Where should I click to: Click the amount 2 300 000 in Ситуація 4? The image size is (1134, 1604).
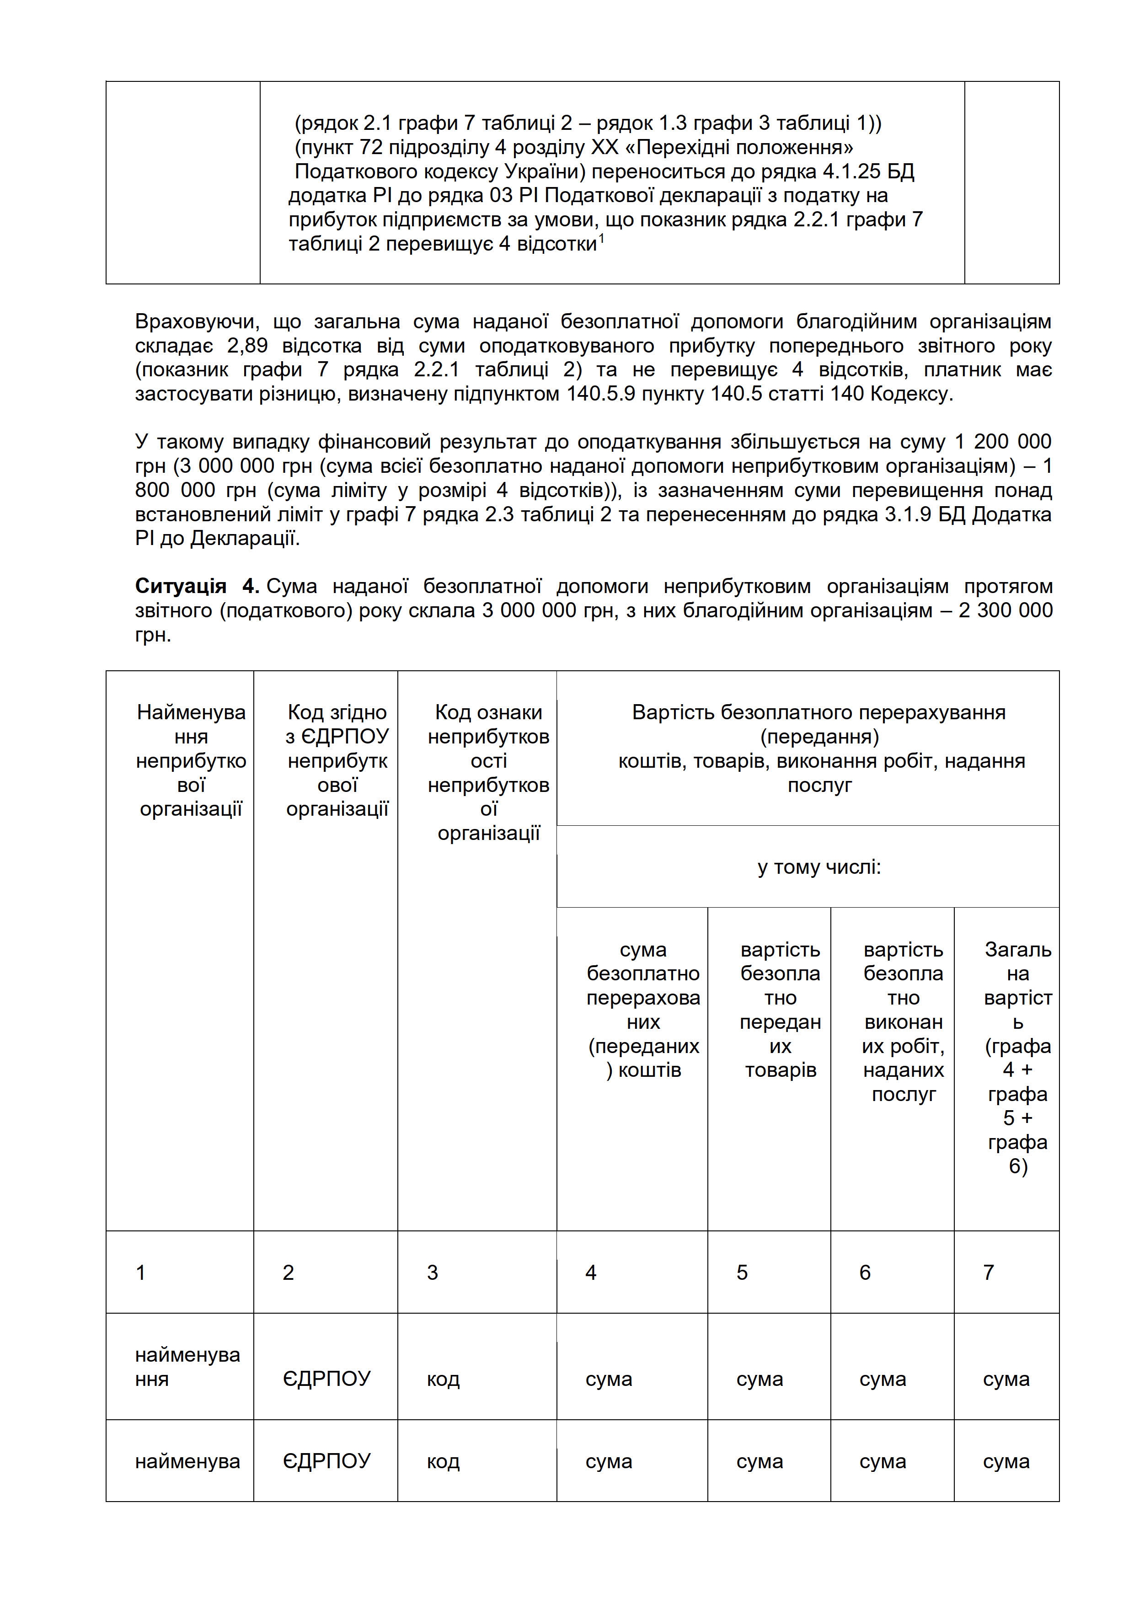[x=1006, y=610]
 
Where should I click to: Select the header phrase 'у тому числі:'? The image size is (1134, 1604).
[x=819, y=867]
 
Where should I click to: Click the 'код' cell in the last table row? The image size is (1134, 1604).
[x=443, y=1461]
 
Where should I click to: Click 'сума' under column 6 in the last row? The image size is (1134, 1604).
[x=883, y=1461]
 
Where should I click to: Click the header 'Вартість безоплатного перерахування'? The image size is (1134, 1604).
[x=819, y=712]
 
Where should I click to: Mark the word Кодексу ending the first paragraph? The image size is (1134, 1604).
[x=913, y=394]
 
